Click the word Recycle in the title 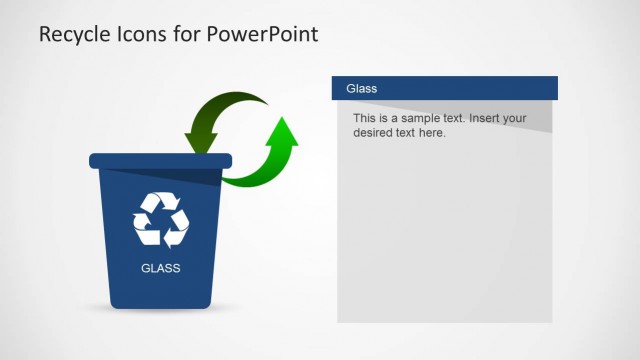[72, 35]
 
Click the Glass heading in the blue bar [361, 89]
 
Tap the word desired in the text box [375, 132]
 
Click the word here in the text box [431, 132]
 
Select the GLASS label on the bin [160, 268]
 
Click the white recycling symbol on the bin [161, 219]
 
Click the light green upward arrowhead [283, 131]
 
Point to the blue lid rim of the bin [160, 160]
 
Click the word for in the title [187, 35]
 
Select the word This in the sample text [364, 119]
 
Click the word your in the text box [514, 119]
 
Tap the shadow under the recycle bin [160, 311]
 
